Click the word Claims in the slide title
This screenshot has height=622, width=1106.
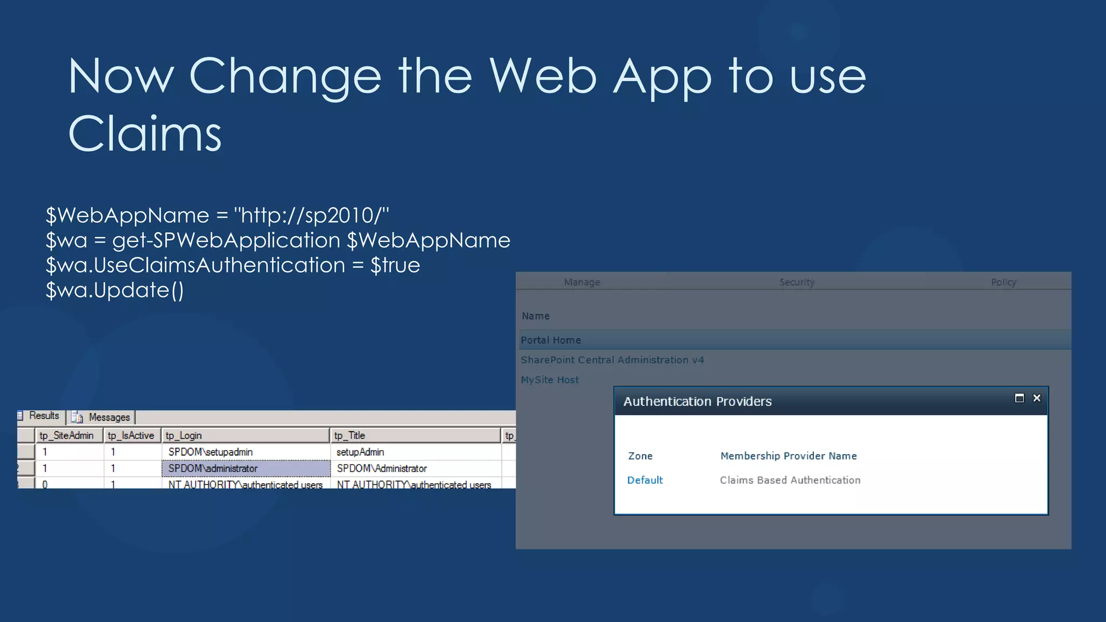(145, 134)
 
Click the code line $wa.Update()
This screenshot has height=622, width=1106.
(114, 290)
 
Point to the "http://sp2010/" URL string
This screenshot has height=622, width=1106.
(311, 215)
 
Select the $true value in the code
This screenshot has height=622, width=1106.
(395, 265)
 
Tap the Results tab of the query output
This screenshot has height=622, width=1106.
(43, 416)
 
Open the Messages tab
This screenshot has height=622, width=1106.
(109, 417)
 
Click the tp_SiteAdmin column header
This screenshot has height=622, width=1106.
(66, 436)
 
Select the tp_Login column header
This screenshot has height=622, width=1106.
(184, 436)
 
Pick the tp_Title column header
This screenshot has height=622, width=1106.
(349, 436)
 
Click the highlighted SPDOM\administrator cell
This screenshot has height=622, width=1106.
(213, 469)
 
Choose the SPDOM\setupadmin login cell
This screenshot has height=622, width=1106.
(210, 452)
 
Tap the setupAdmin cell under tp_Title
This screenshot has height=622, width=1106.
(360, 452)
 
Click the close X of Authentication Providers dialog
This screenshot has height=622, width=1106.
(1037, 398)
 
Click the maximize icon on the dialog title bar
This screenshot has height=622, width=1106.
(1020, 398)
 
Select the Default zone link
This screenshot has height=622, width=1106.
(645, 480)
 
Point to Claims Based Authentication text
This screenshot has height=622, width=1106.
(790, 480)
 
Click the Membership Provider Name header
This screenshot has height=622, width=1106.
(788, 456)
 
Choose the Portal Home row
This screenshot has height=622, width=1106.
(551, 340)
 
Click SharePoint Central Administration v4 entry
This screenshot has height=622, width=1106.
(612, 360)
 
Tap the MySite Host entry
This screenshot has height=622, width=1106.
(550, 380)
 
